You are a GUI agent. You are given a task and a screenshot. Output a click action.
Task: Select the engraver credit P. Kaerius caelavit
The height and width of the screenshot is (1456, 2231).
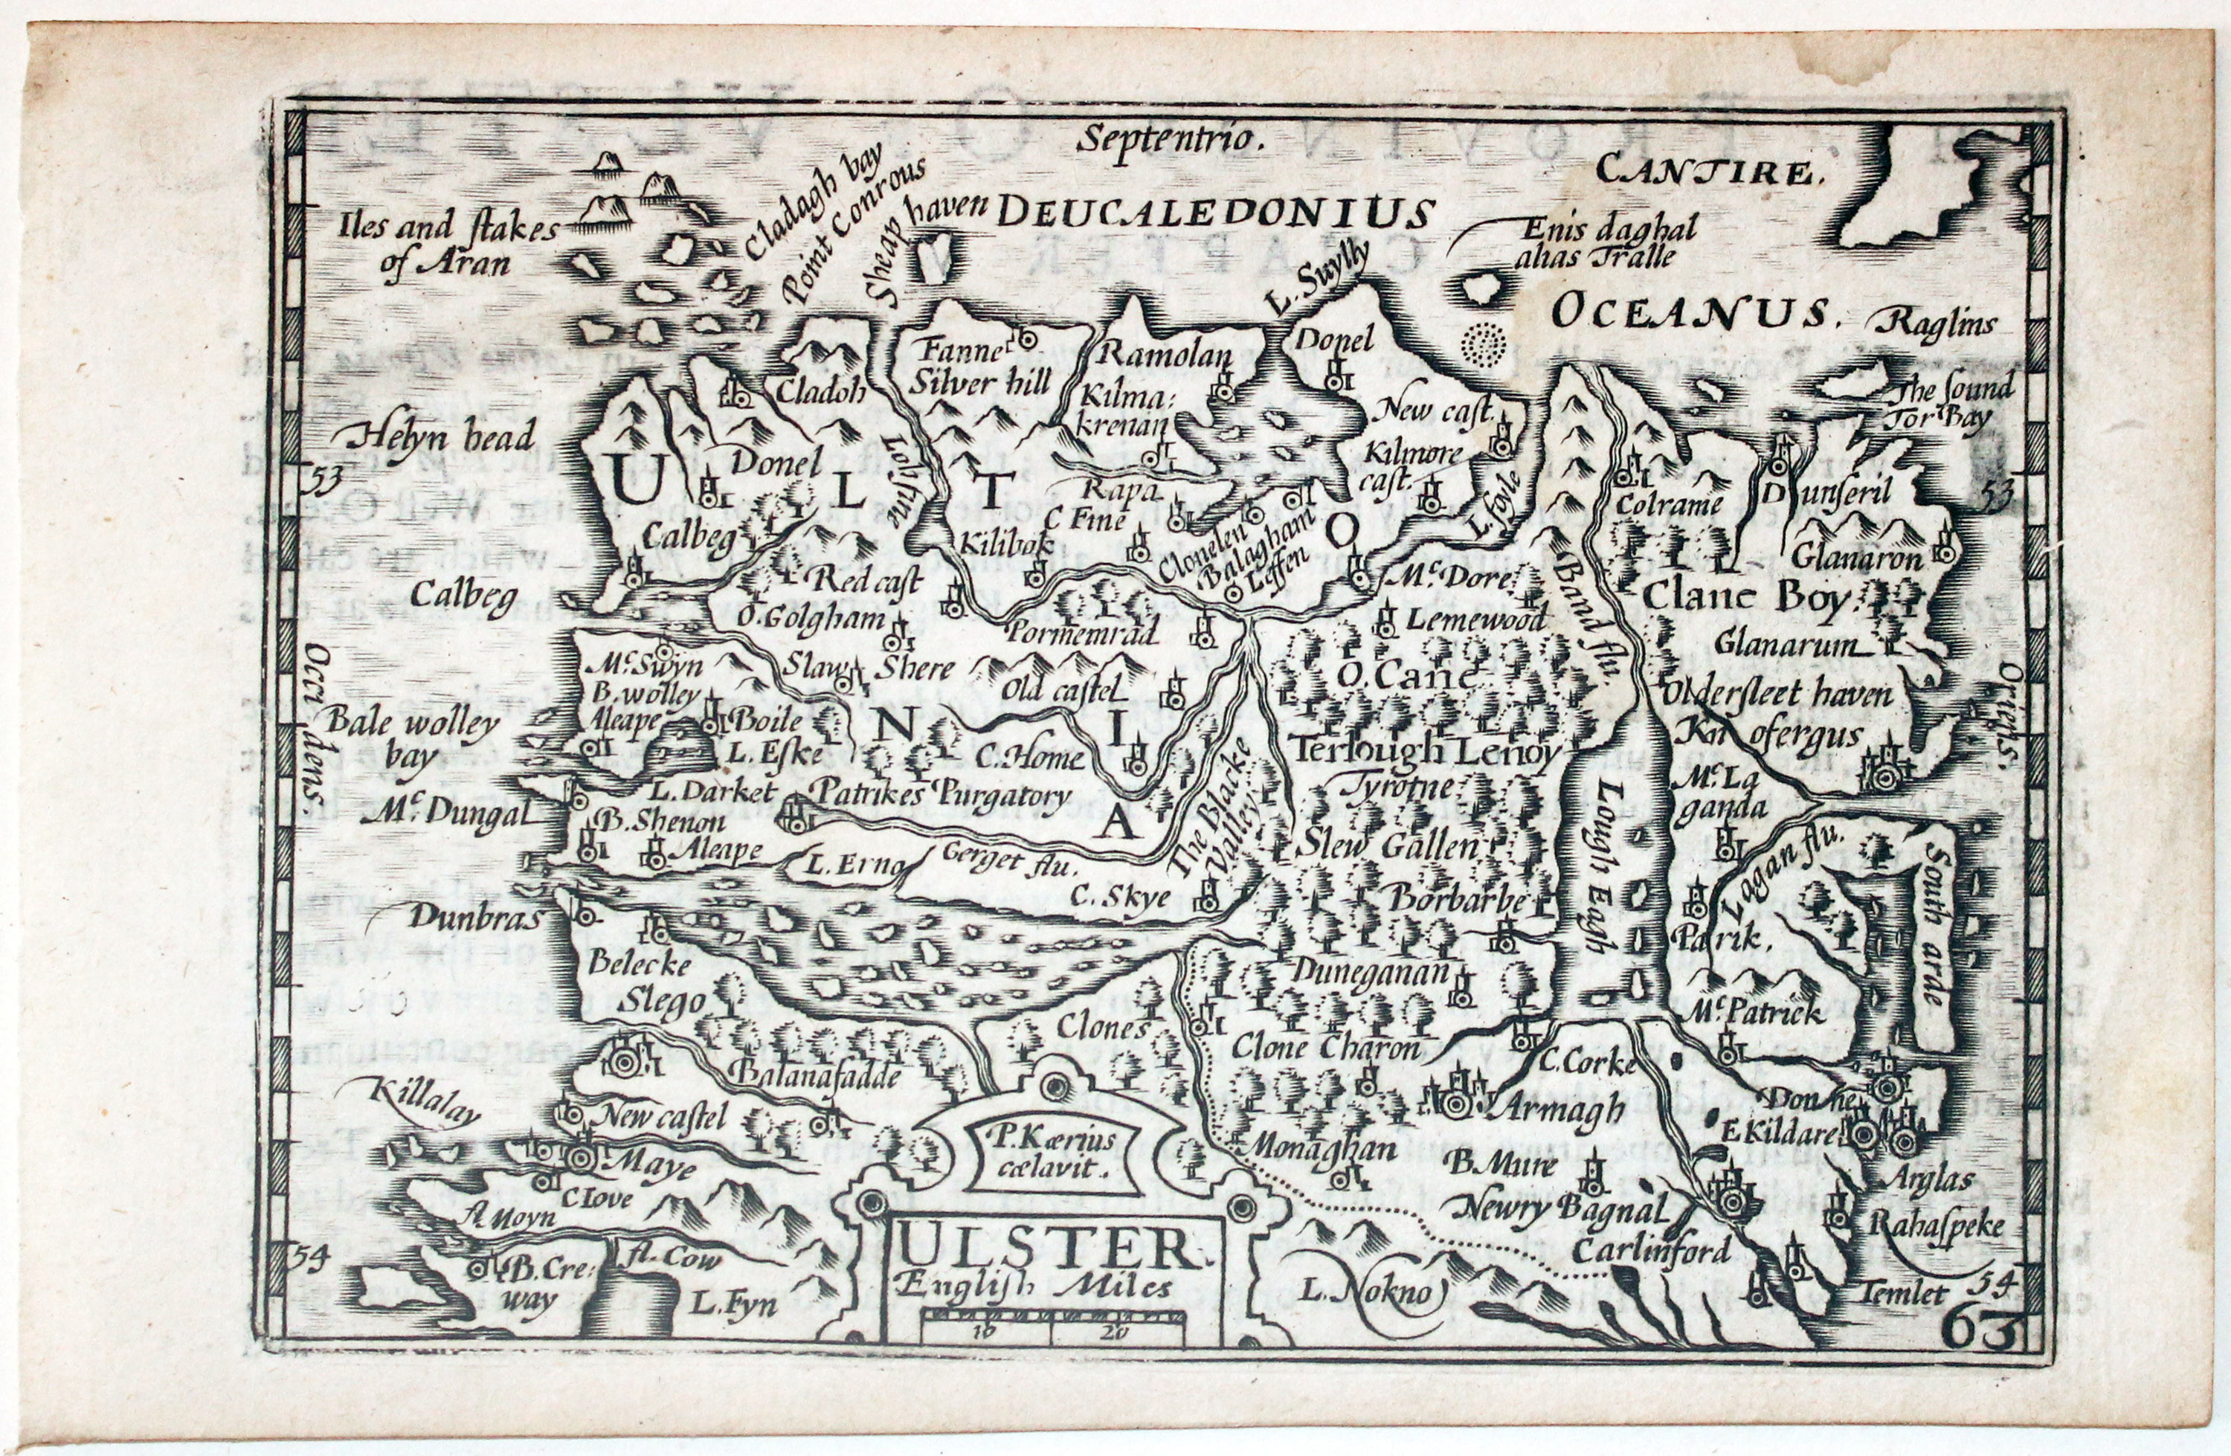[x=1051, y=1154]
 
